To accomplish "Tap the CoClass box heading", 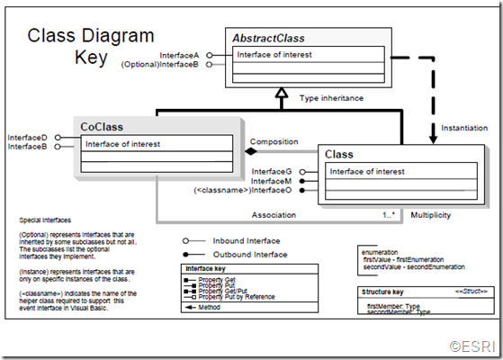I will pos(102,127).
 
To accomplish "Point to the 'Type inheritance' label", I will pos(331,97).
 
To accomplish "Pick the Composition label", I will pos(274,141).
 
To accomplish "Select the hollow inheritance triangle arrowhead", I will pos(281,93).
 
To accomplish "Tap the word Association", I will pos(274,215).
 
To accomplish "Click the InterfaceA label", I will pos(181,55).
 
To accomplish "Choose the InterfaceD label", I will pos(28,137).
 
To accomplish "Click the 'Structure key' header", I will pos(382,292).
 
